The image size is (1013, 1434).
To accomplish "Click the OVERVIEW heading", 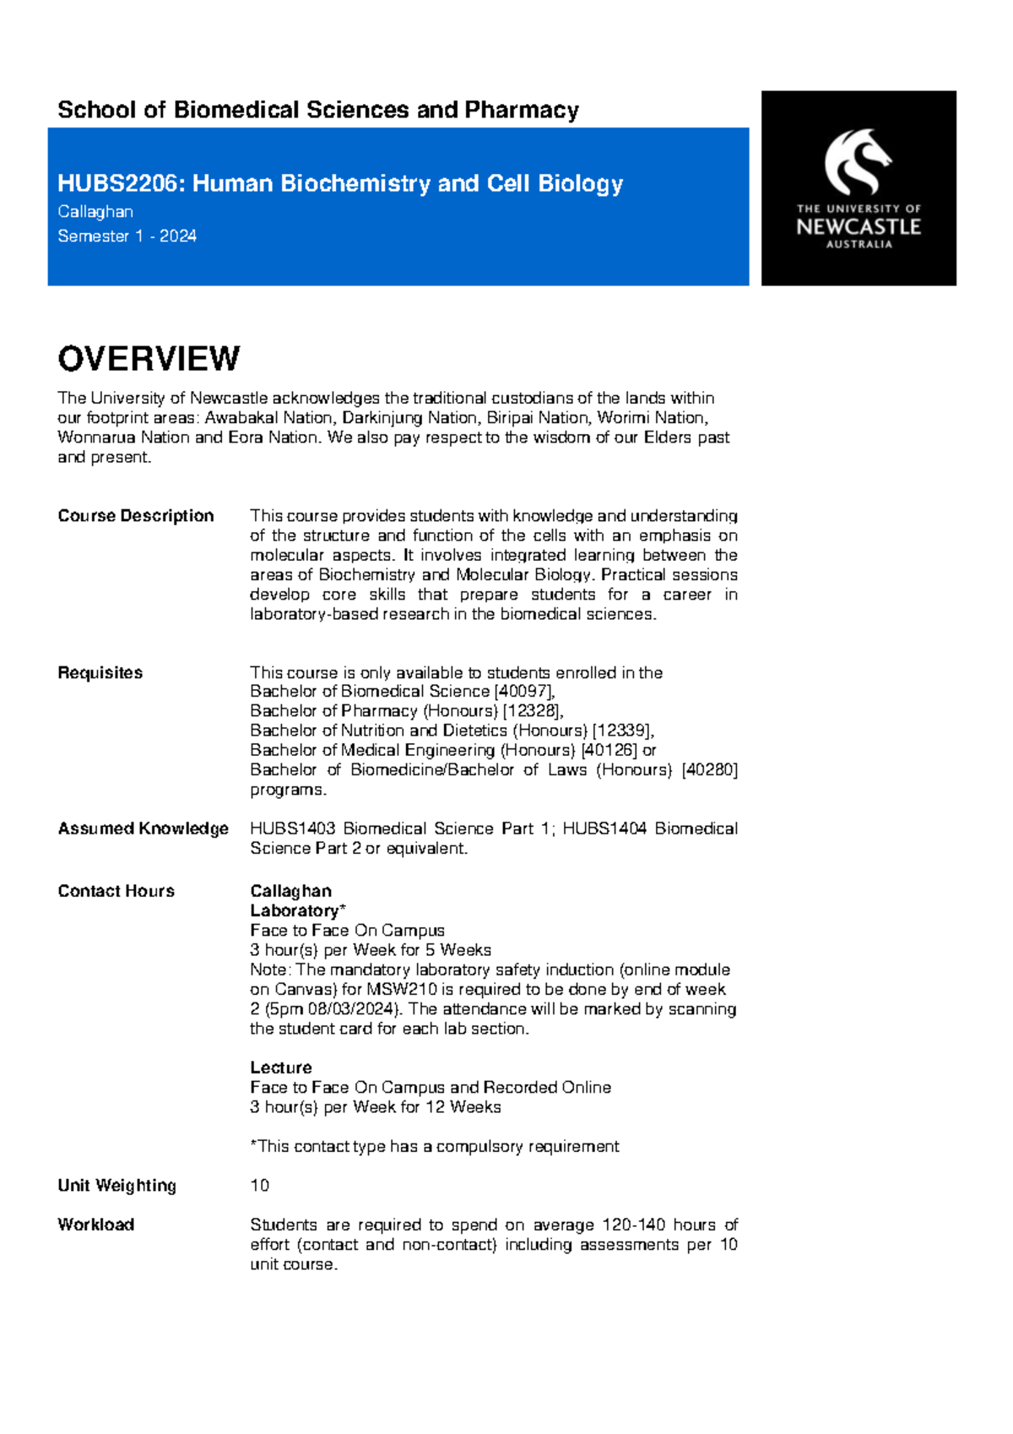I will click(x=149, y=359).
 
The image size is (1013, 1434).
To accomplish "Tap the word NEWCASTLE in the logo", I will click(x=859, y=226).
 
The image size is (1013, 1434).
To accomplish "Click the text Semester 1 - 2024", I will click(x=127, y=236).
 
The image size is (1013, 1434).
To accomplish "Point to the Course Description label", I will click(x=135, y=516).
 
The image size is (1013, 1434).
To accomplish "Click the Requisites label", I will click(x=100, y=673).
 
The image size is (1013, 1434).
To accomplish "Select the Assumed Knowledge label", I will click(x=143, y=828).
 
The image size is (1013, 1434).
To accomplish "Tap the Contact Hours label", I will click(x=116, y=891).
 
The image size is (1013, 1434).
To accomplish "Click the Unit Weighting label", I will click(x=116, y=1186).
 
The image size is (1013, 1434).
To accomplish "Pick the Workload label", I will click(x=95, y=1225).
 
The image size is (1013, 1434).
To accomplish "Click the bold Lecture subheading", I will click(x=280, y=1067).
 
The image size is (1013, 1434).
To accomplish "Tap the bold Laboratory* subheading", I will click(x=297, y=910).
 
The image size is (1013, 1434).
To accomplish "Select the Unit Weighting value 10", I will click(x=259, y=1186).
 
